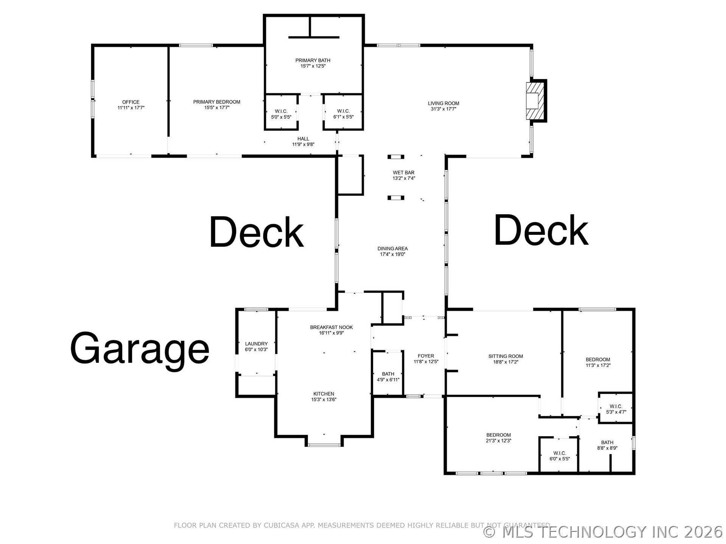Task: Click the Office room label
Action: coord(131,102)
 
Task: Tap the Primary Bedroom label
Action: coord(217,102)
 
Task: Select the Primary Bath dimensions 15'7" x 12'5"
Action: coord(313,66)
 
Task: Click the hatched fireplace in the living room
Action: coord(535,101)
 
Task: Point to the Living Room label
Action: coord(443,103)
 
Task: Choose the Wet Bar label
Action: coord(404,173)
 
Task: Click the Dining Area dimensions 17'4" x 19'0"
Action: coord(393,254)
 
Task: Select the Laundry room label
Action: coord(256,344)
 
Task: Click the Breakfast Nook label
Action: coord(331,327)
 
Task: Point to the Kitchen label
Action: coord(324,394)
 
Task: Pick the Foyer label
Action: coord(426,356)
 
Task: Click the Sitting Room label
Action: coord(506,356)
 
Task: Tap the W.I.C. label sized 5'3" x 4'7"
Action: coord(616,406)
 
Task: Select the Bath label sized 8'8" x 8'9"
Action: coord(607,443)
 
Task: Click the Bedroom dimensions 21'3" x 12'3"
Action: coord(499,441)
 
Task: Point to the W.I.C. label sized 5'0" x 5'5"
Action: coord(281,111)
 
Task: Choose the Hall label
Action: coord(303,139)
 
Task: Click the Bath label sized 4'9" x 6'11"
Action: coord(388,374)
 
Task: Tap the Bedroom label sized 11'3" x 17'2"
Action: coord(598,360)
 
